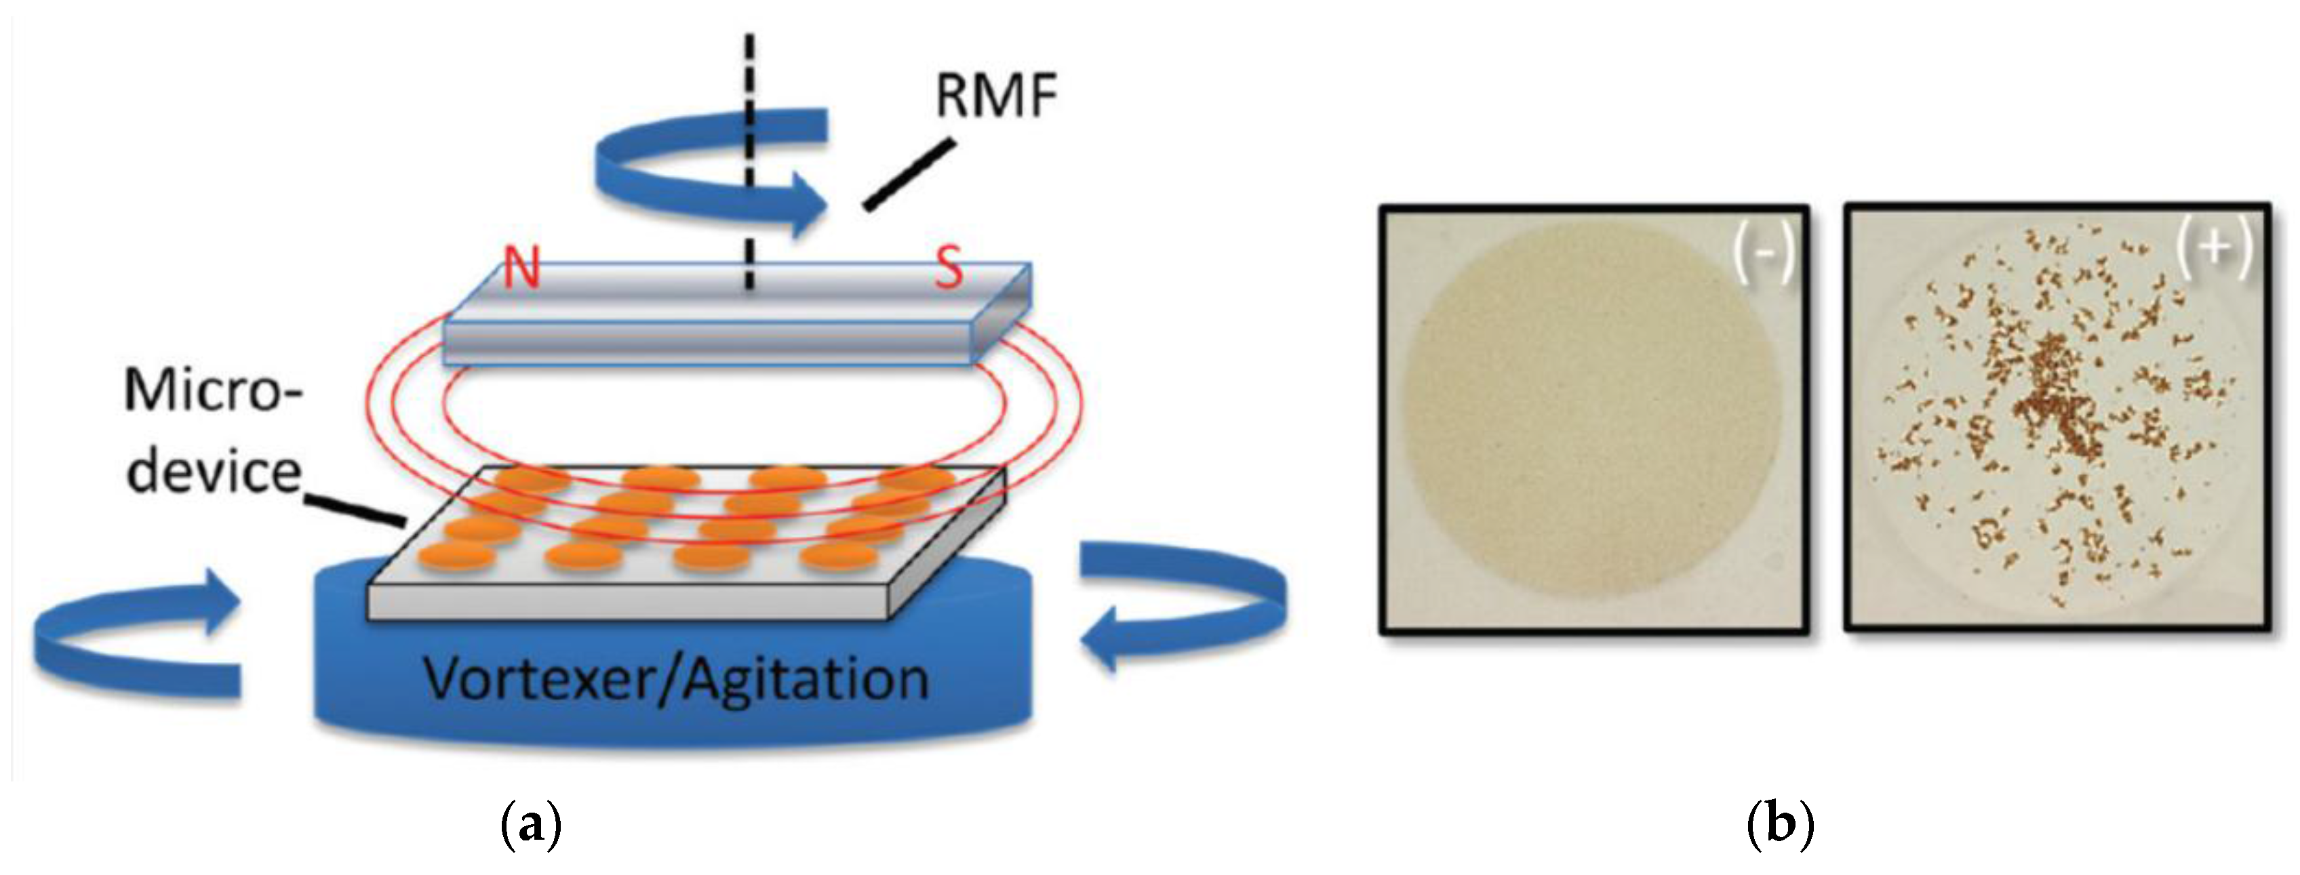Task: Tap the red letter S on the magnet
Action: (948, 268)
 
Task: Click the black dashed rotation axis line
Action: (749, 161)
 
